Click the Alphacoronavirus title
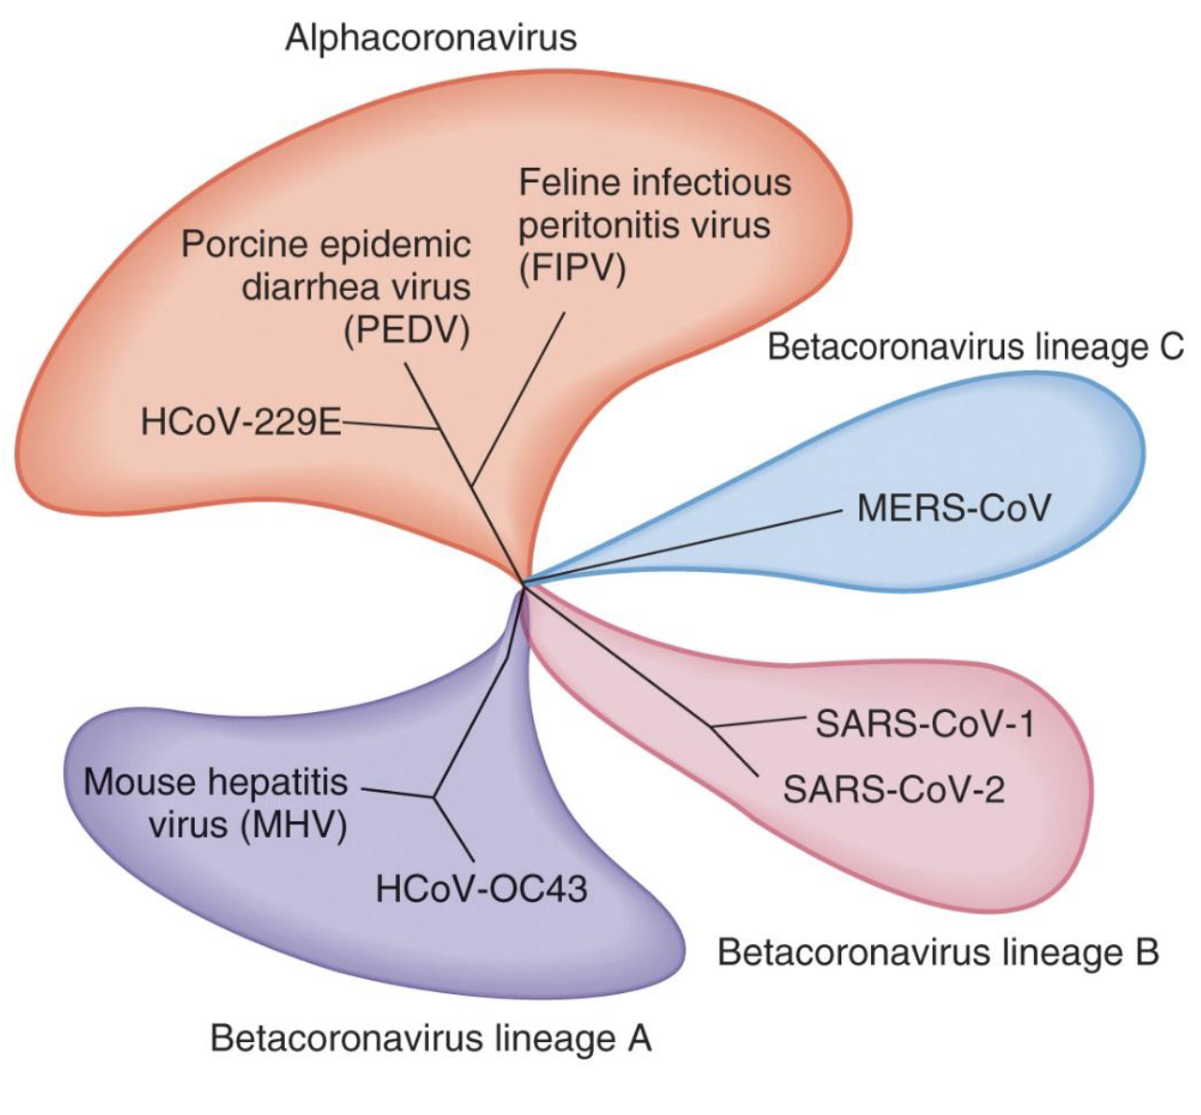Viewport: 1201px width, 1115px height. click(x=431, y=38)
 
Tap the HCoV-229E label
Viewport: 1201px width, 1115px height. click(x=241, y=421)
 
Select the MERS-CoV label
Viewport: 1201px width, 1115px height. click(x=954, y=508)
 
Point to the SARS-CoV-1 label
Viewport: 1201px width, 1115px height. click(x=925, y=723)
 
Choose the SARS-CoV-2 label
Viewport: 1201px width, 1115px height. click(x=893, y=790)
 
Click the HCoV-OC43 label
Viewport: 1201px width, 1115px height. click(x=481, y=889)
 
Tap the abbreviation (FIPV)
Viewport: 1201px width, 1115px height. click(x=573, y=269)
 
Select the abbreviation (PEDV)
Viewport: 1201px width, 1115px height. click(x=407, y=331)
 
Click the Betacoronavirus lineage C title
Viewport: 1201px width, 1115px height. click(x=976, y=346)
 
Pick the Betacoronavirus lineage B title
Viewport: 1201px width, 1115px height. click(x=938, y=952)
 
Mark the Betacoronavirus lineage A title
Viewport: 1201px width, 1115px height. click(x=431, y=1038)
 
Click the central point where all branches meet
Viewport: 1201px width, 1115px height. click(x=524, y=583)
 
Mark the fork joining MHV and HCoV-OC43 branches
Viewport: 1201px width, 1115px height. click(x=434, y=795)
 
